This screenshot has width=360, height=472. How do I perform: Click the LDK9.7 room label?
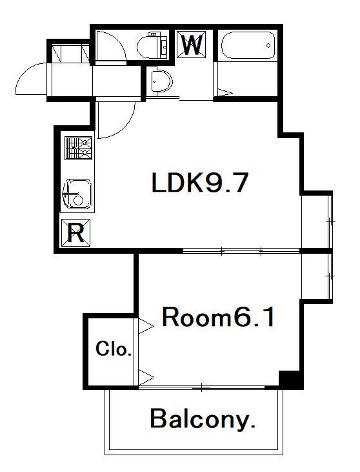click(x=199, y=184)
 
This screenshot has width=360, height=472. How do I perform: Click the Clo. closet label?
click(x=114, y=350)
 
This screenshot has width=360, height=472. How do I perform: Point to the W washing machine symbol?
click(x=192, y=45)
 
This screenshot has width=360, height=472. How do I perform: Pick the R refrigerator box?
click(x=75, y=233)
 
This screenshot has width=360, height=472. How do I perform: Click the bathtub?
click(x=247, y=45)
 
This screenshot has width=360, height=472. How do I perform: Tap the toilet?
click(x=152, y=45)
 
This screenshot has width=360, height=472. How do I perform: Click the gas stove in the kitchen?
click(x=79, y=149)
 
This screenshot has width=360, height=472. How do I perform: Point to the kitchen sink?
click(x=77, y=193)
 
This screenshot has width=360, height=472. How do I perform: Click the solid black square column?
click(x=290, y=380)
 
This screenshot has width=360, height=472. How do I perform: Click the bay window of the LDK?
click(x=317, y=220)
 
